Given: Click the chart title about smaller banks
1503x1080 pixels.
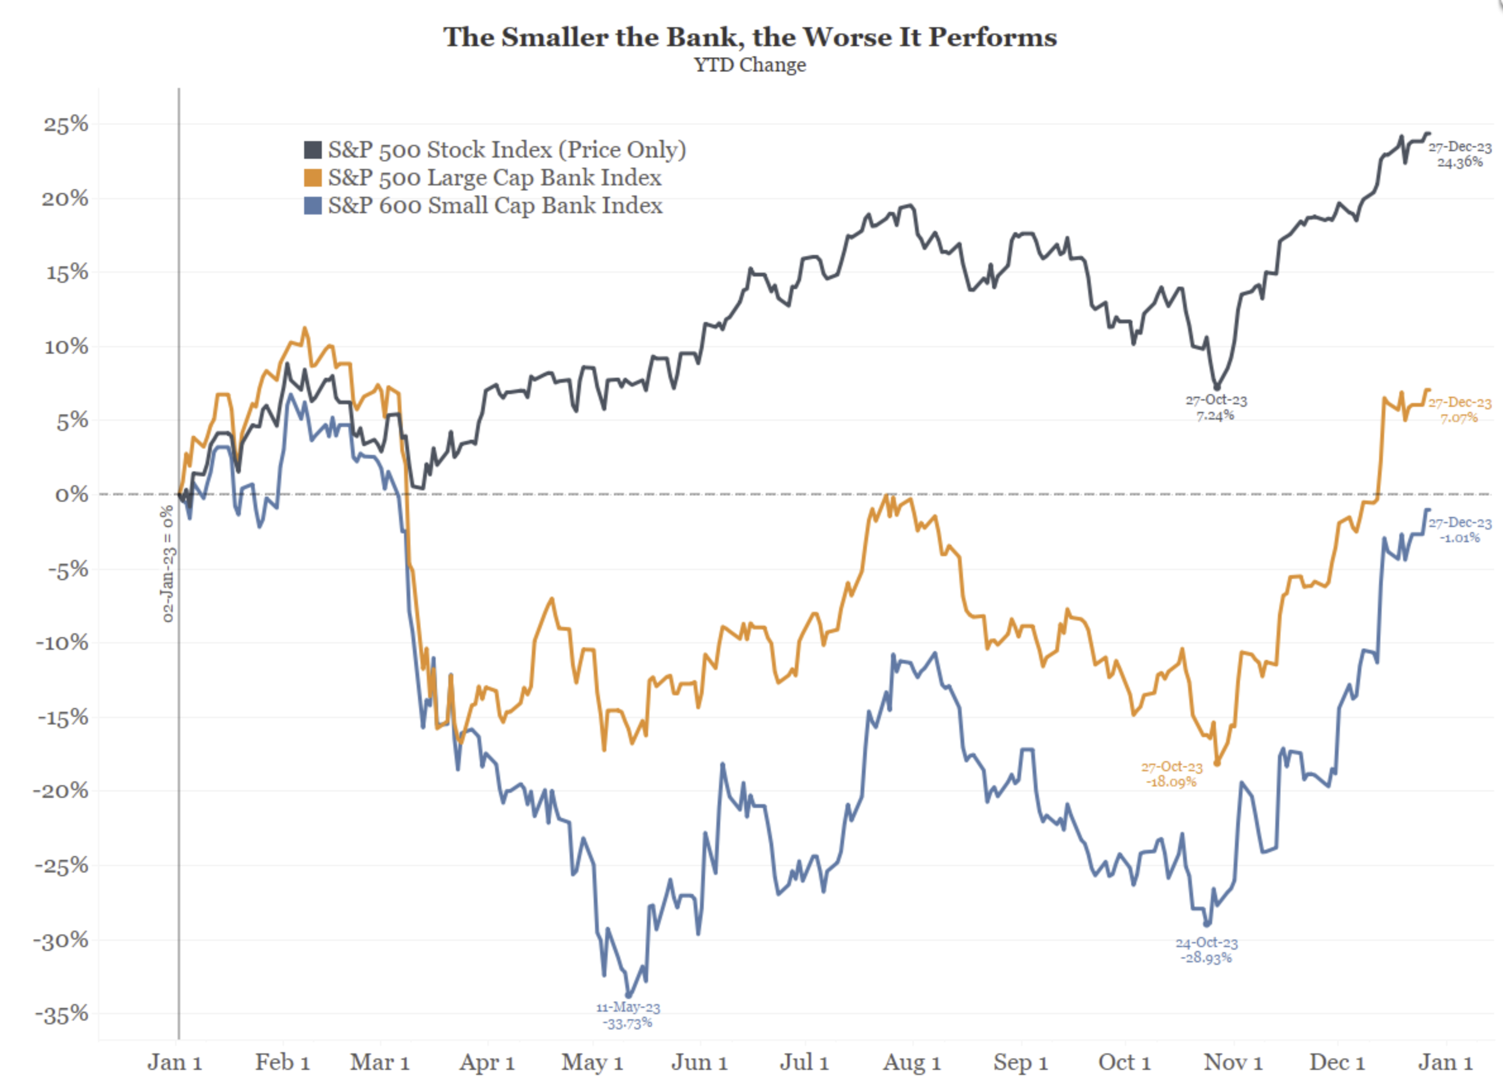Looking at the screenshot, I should [x=749, y=37].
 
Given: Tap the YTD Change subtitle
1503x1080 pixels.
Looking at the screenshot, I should [x=749, y=65].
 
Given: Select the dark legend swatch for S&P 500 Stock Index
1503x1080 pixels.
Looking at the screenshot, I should [x=313, y=150].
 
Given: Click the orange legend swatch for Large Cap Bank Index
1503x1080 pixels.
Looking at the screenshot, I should [x=313, y=178].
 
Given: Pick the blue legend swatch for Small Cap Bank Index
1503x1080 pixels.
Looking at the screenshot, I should [x=313, y=206].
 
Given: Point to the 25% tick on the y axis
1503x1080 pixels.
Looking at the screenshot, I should [x=66, y=124].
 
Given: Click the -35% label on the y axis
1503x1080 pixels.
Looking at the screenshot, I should [x=61, y=1014].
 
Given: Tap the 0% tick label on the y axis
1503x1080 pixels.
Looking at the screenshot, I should [x=71, y=495].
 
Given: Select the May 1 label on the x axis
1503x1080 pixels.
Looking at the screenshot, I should [x=592, y=1062].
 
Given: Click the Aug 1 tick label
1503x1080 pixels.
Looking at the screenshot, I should [x=911, y=1062].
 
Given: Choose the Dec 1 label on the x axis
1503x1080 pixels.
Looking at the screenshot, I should [x=1337, y=1062].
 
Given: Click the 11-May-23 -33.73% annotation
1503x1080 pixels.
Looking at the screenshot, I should [x=628, y=1015].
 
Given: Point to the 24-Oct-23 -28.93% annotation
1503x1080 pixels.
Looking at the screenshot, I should [x=1206, y=950].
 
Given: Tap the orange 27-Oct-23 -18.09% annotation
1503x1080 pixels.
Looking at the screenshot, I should [x=1171, y=774].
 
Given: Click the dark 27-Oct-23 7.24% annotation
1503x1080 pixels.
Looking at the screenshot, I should [x=1215, y=407].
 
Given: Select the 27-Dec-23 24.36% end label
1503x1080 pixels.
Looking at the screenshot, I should [x=1459, y=154].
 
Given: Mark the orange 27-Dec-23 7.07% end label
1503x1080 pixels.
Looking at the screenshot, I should [x=1459, y=410].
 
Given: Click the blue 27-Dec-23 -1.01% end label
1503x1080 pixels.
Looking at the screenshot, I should [x=1459, y=530].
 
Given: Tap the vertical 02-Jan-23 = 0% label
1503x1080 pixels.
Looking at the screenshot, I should [x=168, y=564].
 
